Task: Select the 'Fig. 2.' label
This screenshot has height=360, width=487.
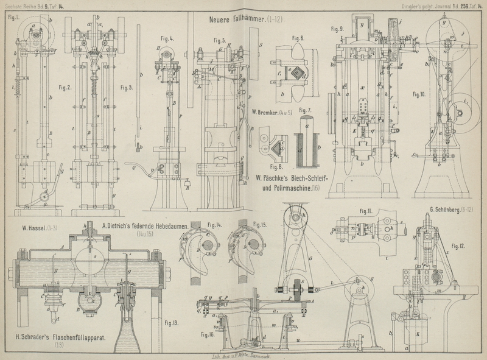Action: [x=65, y=87]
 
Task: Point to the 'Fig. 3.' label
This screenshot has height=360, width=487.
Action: [x=127, y=87]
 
